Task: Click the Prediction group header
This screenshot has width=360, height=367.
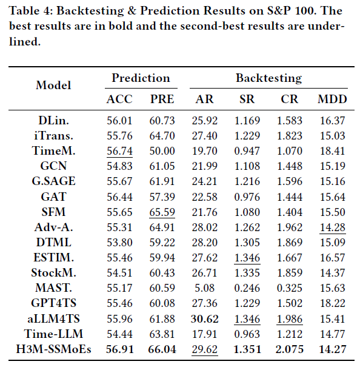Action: point(141,78)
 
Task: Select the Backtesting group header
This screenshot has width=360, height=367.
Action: point(268,78)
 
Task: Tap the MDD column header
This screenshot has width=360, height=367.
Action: point(332,99)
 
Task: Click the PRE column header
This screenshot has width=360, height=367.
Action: point(162,99)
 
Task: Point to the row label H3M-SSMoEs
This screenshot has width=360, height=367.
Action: point(53,349)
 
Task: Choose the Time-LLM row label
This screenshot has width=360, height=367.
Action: point(53,334)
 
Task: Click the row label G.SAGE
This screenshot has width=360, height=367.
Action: point(53,181)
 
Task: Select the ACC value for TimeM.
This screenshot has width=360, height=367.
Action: point(119,150)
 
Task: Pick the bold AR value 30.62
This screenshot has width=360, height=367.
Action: point(205,319)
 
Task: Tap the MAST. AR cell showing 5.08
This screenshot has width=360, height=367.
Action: point(205,288)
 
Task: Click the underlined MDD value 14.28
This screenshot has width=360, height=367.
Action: point(332,227)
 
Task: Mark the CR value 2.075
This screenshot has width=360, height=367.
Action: point(290,349)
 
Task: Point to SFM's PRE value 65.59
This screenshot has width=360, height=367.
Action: point(162,212)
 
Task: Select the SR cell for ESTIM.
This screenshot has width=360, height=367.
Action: point(247,258)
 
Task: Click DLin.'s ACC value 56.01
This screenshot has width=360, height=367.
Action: point(119,121)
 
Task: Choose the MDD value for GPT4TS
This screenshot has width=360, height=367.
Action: point(332,303)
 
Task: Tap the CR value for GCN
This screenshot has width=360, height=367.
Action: point(290,166)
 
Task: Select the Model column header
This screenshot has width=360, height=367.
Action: point(53,85)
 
